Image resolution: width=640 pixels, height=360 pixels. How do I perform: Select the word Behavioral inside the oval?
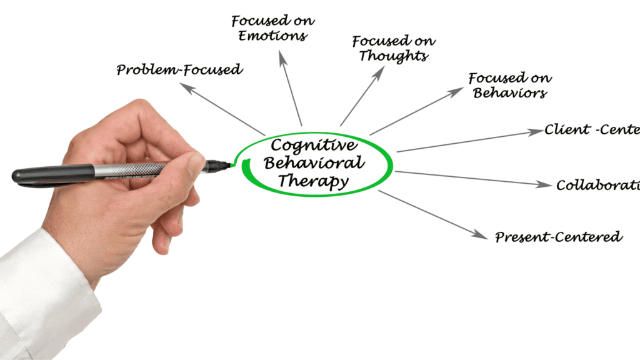pyautogui.click(x=313, y=164)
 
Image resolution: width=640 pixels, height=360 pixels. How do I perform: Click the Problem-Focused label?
pyautogui.click(x=179, y=69)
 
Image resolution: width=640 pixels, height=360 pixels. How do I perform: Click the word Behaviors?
pyautogui.click(x=510, y=93)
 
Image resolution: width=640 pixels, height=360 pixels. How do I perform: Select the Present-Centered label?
pyautogui.click(x=558, y=237)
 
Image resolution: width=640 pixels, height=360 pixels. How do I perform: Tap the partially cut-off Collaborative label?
pyautogui.click(x=597, y=185)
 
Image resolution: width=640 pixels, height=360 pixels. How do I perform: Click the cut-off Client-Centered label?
pyautogui.click(x=591, y=130)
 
